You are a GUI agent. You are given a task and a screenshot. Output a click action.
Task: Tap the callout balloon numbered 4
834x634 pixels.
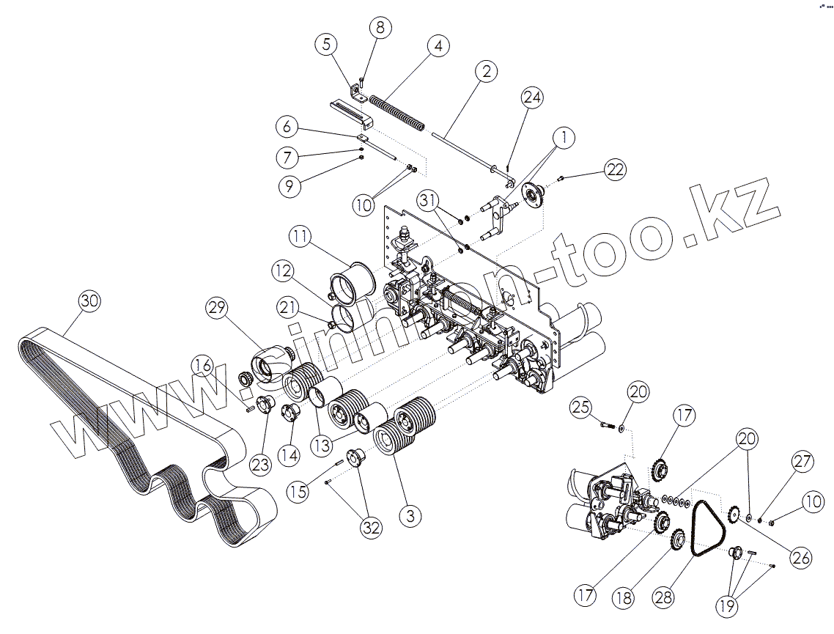click(438, 46)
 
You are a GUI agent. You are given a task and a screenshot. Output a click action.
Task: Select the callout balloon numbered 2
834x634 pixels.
click(485, 71)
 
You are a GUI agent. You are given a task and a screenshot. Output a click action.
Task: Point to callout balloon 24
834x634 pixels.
click(533, 97)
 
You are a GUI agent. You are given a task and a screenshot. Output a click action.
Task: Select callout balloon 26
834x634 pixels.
click(802, 559)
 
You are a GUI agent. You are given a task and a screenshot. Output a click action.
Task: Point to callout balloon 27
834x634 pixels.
click(802, 462)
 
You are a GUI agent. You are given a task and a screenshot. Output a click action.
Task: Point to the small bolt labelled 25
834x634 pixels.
click(605, 424)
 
